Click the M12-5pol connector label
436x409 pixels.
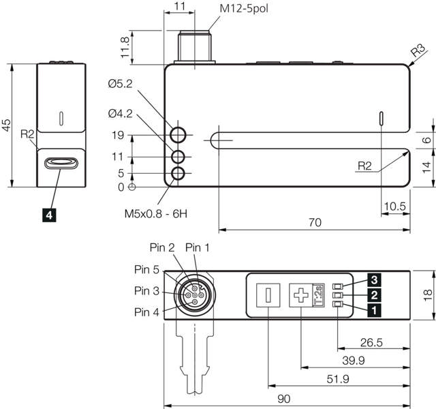point(247,9)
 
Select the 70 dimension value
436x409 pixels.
point(314,223)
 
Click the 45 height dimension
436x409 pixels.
point(6,125)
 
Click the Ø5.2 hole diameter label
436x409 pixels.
point(120,84)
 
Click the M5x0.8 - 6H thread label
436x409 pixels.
point(155,213)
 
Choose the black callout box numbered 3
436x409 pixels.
point(373,279)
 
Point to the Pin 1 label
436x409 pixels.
point(198,246)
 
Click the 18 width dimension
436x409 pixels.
point(428,294)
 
